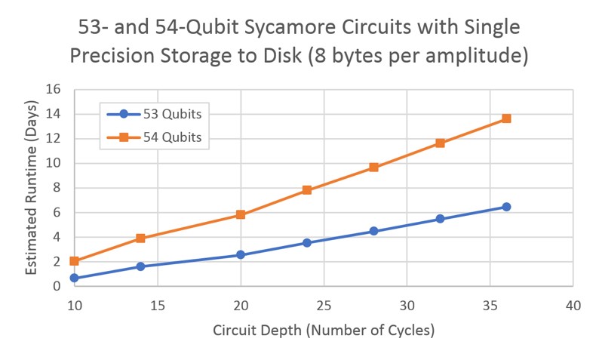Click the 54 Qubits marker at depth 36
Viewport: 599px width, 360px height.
(506, 118)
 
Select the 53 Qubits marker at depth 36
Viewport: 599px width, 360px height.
(506, 207)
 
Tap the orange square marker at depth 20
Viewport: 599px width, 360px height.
(241, 215)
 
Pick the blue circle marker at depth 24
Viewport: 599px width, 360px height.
(307, 242)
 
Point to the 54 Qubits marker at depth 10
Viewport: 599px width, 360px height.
(74, 261)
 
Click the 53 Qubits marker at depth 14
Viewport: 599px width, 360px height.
(140, 266)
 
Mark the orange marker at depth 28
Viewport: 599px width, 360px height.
(373, 168)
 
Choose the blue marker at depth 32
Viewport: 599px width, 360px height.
(440, 219)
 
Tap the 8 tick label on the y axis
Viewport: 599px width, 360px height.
(57, 188)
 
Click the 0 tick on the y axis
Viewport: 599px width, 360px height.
(57, 287)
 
